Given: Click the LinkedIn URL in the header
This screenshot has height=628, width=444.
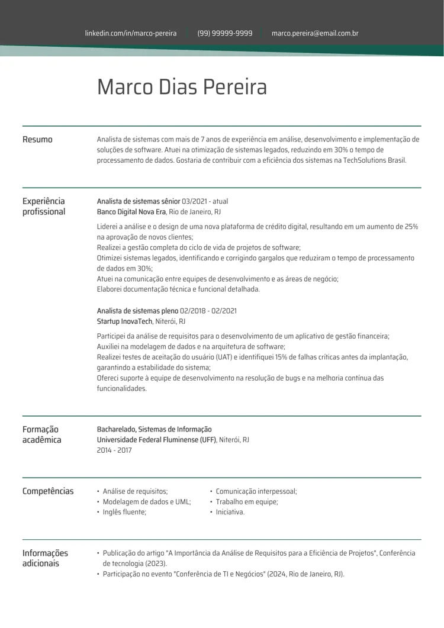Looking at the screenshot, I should coord(131,33).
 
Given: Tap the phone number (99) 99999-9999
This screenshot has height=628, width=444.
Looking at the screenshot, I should coord(225,33).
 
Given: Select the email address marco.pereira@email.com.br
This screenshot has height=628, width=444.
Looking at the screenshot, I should coord(315,33).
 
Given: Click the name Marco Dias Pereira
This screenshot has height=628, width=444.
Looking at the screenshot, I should coord(182,87).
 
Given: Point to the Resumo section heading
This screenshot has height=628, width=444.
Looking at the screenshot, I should coord(37,140).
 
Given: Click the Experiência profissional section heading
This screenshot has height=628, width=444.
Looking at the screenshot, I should coord(44,206).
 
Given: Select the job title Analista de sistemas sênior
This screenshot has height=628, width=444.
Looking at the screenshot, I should coord(139,201).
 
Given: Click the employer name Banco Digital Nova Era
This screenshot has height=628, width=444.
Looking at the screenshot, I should coord(131,211).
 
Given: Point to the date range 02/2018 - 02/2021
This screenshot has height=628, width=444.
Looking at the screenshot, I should coord(208,311).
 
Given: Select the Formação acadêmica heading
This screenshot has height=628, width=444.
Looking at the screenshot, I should coord(41,434).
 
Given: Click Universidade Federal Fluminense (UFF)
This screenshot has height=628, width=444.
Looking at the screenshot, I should coord(157,440).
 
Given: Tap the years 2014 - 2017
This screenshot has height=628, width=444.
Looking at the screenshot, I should coord(114,450).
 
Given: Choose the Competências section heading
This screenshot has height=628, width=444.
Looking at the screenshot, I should coord(48,491).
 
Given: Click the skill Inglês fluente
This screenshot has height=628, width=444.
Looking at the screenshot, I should coord(124,512).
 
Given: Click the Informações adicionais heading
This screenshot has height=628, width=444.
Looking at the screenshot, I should coord(45,558).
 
